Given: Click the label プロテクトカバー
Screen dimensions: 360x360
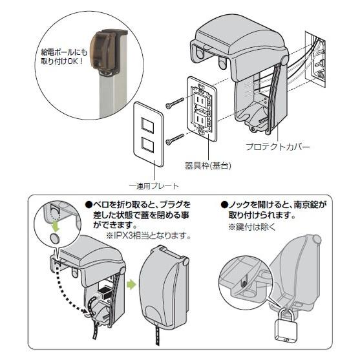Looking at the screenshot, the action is (278, 147).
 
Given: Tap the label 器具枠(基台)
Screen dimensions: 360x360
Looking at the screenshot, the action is (207, 165).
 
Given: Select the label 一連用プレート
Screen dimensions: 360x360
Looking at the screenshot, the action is (154, 186).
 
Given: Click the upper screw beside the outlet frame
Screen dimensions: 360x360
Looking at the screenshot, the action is (175, 103).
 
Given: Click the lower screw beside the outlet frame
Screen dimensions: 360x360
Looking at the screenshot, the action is (175, 140).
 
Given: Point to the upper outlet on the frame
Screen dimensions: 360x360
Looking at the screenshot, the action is (200, 99).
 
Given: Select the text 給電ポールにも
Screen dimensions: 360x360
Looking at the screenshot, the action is (64, 53).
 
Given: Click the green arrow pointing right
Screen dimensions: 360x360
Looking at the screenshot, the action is (131, 285).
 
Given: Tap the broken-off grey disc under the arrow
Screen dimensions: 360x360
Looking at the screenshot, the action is (55, 238).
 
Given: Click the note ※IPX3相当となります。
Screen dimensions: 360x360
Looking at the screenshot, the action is (148, 236).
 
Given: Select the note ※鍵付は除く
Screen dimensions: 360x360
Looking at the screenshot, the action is (251, 228).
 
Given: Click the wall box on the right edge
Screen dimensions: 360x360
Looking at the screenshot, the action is (315, 59).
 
